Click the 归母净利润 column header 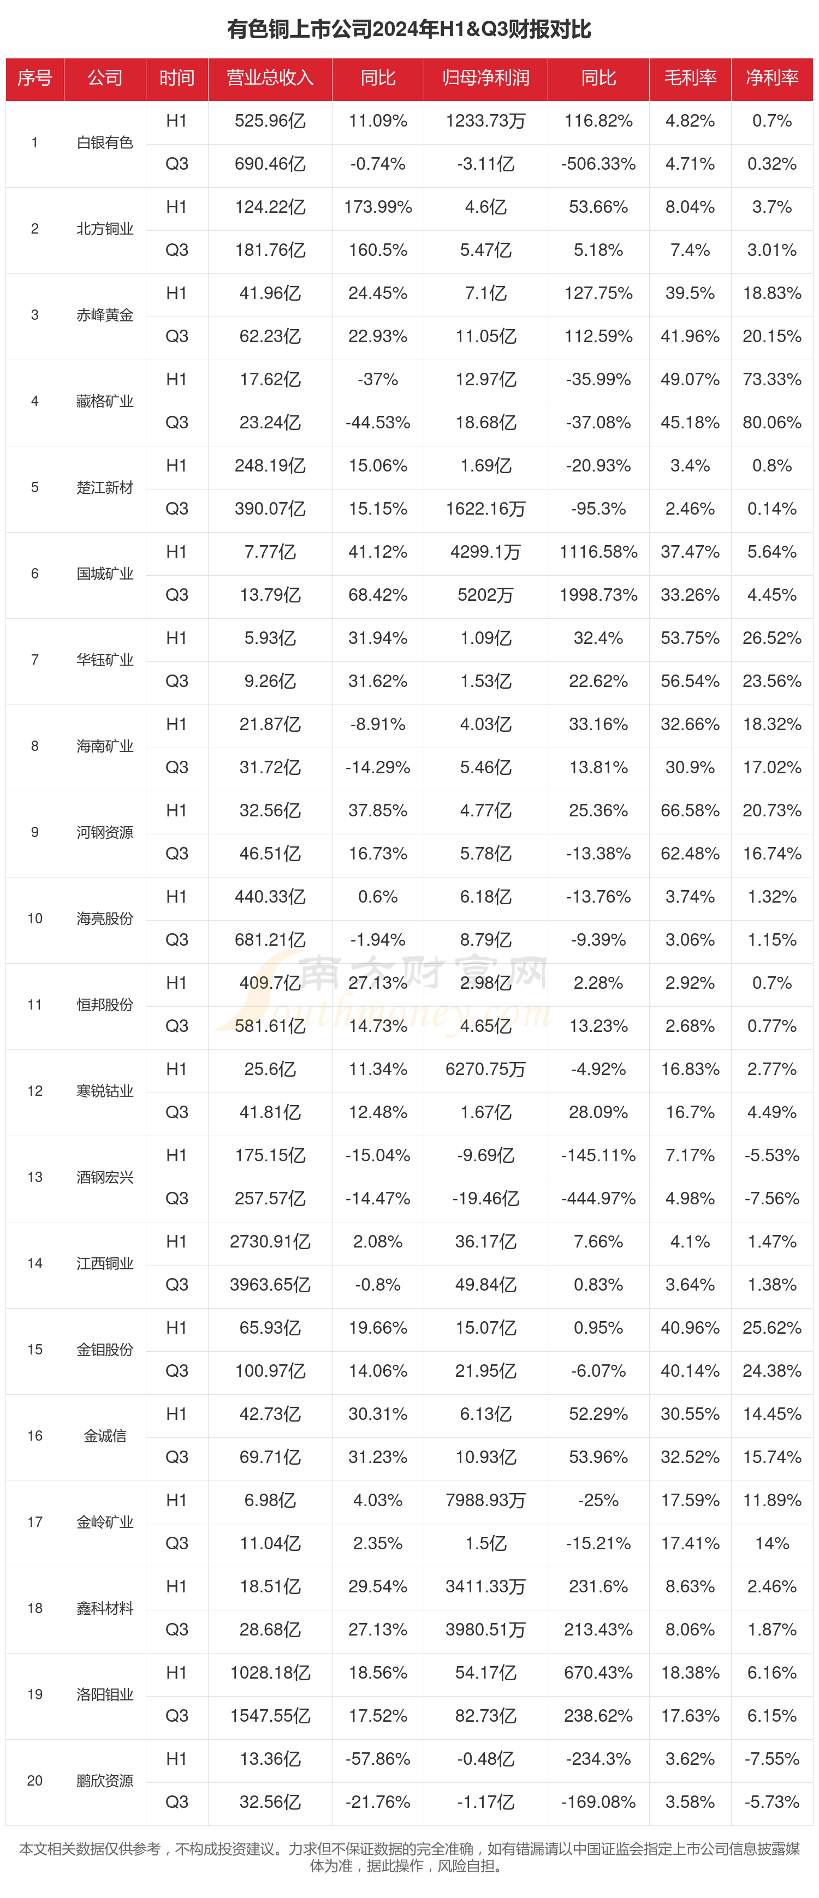pyautogui.click(x=486, y=78)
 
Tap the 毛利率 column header pyautogui.click(x=690, y=78)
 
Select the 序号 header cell pyautogui.click(x=34, y=78)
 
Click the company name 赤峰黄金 pyautogui.click(x=105, y=315)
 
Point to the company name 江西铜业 pyautogui.click(x=105, y=1264)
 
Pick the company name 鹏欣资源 pyautogui.click(x=105, y=1781)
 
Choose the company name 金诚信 pyautogui.click(x=105, y=1436)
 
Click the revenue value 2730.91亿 pyautogui.click(x=270, y=1242)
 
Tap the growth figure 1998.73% pyautogui.click(x=598, y=595)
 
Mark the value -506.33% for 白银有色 pyautogui.click(x=598, y=164)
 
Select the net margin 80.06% pyautogui.click(x=772, y=423)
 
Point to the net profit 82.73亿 pyautogui.click(x=486, y=1716)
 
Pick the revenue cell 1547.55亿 pyautogui.click(x=270, y=1716)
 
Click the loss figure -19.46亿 pyautogui.click(x=486, y=1199)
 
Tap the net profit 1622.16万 pyautogui.click(x=486, y=509)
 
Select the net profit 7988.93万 pyautogui.click(x=486, y=1501)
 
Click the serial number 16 pyautogui.click(x=34, y=1436)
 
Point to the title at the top pyautogui.click(x=409, y=29)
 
